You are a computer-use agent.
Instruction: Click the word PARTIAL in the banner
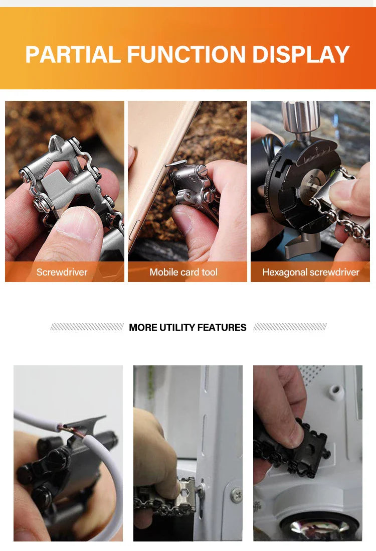pyautogui.click(x=73, y=54)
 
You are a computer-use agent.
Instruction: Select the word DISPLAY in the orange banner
pyautogui.click(x=301, y=54)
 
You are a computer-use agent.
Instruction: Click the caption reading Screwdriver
pyautogui.click(x=62, y=272)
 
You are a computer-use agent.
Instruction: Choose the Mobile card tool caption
pyautogui.click(x=183, y=272)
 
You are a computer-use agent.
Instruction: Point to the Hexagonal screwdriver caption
pyautogui.click(x=311, y=272)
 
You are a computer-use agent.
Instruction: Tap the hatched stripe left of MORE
pyautogui.click(x=87, y=327)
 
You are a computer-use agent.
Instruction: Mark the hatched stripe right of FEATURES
pyautogui.click(x=290, y=327)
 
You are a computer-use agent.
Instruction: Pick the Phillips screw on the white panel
pyautogui.click(x=235, y=494)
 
